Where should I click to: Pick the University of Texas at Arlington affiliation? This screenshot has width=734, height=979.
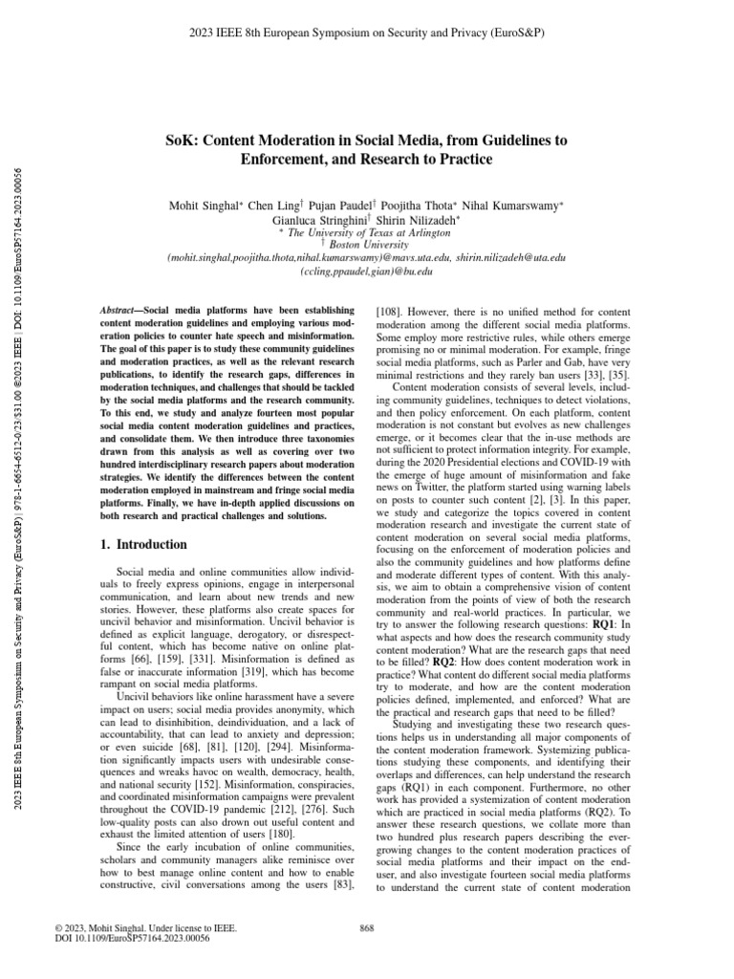(x=368, y=232)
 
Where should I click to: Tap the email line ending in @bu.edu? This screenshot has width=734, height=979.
(x=367, y=272)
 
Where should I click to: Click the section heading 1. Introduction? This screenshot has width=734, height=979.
(x=144, y=545)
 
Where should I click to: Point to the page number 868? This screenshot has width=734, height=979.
(x=366, y=927)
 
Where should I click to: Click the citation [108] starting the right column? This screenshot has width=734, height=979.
(x=390, y=311)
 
